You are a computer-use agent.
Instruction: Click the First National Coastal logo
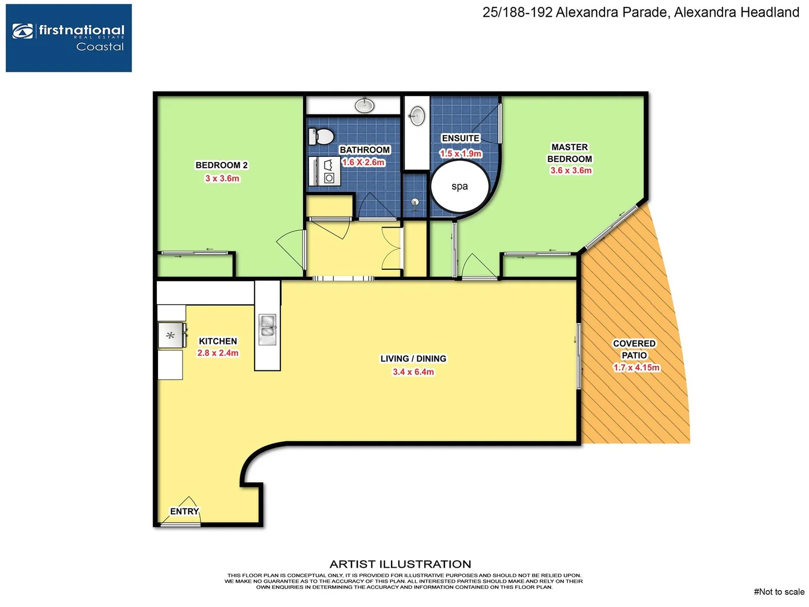69,38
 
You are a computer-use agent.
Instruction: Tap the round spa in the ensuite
459,187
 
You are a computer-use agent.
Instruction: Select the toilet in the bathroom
321,136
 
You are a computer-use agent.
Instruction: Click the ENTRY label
184,511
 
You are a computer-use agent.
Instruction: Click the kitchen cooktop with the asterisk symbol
171,336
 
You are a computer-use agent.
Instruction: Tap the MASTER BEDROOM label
570,153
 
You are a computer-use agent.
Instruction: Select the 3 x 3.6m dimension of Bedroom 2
222,179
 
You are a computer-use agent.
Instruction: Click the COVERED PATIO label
634,349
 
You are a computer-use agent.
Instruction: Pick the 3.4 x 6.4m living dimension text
413,372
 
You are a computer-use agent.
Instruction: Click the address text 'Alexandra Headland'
736,12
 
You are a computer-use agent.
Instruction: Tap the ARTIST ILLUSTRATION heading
400,564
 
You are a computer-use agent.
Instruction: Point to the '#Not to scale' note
779,592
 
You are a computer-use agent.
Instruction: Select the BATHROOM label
365,150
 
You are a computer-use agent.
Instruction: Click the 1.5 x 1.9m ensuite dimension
461,153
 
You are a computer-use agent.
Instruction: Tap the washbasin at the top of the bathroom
365,105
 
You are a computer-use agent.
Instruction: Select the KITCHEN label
218,341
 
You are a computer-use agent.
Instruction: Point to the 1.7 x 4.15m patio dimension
637,368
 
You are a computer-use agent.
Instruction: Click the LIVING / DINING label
413,359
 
